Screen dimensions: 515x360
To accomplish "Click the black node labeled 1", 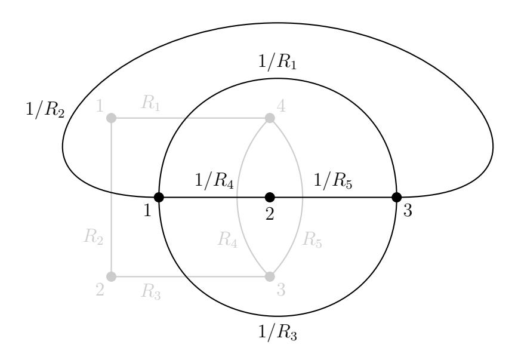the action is [159, 198].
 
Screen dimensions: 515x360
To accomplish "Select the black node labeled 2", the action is [270, 198].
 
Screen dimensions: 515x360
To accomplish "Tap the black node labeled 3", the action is [397, 198].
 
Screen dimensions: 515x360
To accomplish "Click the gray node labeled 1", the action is [112, 118].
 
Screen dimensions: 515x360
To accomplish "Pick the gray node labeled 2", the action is [112, 277].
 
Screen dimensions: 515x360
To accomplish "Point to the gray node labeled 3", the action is [270, 277].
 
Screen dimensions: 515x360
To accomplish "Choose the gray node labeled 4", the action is [270, 118].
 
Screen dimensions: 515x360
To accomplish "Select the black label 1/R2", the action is [45, 109].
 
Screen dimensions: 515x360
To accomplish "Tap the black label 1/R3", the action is [277, 333].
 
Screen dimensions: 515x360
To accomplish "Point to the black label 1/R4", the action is [214, 181].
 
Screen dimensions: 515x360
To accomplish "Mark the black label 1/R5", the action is [333, 181].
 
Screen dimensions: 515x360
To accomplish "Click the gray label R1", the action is [151, 103].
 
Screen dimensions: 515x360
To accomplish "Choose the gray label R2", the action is [94, 237].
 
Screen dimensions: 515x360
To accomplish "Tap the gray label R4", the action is [227, 239].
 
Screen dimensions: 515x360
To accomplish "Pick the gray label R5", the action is [312, 239].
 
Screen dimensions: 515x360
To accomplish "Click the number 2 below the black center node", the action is [270, 214].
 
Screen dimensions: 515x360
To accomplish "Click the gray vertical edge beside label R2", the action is [112, 198].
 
